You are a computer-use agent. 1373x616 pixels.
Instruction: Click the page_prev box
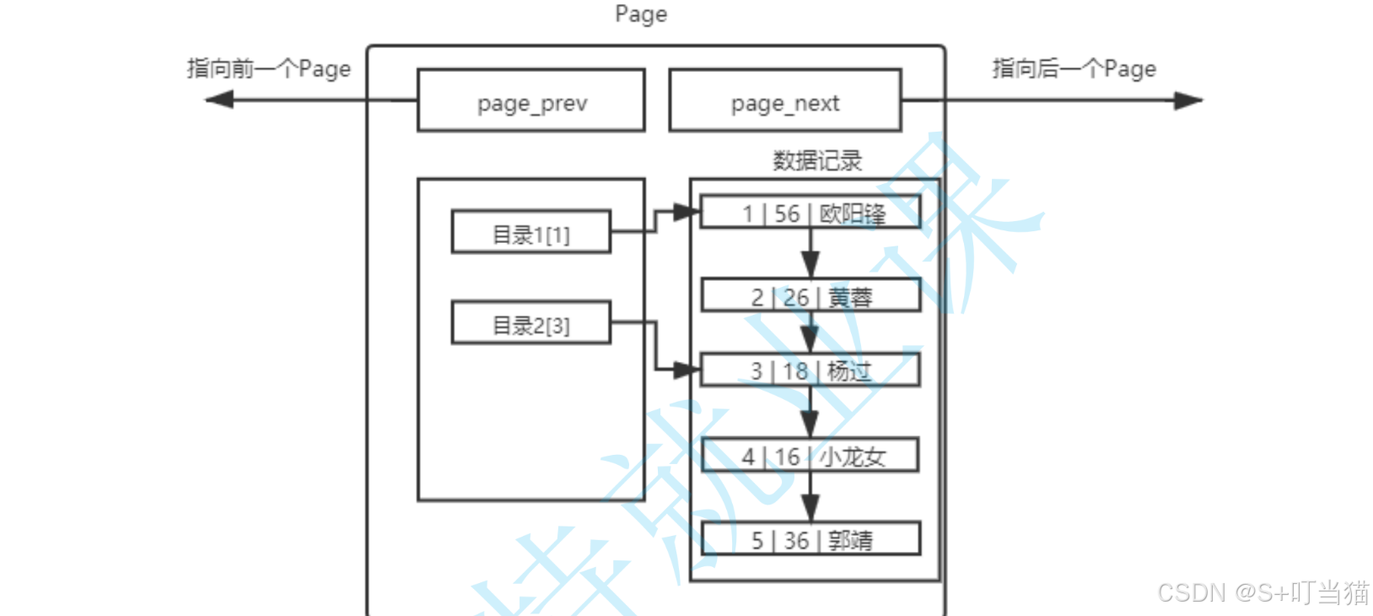click(x=531, y=100)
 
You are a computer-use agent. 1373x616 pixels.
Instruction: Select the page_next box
click(x=784, y=100)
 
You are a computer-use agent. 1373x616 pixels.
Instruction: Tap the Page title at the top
click(x=641, y=14)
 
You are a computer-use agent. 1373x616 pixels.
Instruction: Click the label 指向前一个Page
click(x=268, y=68)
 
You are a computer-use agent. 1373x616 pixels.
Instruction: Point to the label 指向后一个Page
click(x=1074, y=68)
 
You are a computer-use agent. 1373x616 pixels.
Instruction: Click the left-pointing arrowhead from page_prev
click(x=219, y=100)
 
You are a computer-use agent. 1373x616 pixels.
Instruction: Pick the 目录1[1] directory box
click(x=530, y=232)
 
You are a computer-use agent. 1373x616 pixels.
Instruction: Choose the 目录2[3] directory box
click(x=530, y=323)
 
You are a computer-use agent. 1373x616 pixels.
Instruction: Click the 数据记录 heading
click(x=817, y=160)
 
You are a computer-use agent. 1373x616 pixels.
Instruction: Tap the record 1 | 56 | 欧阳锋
click(x=810, y=213)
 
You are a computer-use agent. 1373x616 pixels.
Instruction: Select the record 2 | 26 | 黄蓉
click(x=810, y=296)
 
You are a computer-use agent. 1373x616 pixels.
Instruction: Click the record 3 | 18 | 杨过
click(x=810, y=370)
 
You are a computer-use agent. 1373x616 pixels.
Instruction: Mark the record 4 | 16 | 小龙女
click(x=810, y=457)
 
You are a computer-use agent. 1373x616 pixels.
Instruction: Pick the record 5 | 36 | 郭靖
click(x=810, y=539)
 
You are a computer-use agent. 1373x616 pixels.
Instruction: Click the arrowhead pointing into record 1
click(x=686, y=213)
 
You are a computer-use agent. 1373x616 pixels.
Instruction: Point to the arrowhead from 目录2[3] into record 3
click(x=686, y=369)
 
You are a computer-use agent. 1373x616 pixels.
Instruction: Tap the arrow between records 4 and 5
click(x=810, y=498)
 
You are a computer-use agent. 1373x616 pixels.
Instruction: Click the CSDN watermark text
click(x=1263, y=592)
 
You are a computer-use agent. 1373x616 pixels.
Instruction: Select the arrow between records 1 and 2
click(x=810, y=254)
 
